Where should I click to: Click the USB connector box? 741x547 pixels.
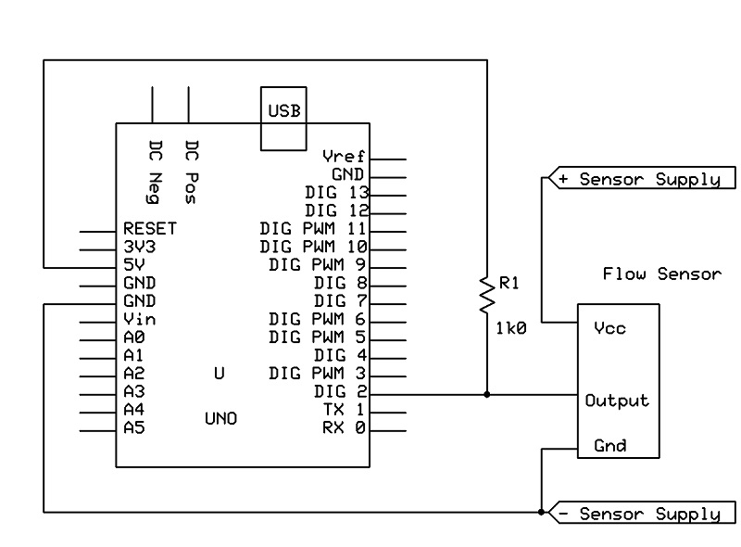[x=284, y=118]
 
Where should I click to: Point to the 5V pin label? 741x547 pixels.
[x=133, y=264]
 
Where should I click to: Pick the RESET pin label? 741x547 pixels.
[x=149, y=228]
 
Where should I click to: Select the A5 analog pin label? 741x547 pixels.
[x=133, y=427]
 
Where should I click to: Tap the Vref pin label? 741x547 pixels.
[x=344, y=156]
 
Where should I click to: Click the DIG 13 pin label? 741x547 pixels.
[x=337, y=193]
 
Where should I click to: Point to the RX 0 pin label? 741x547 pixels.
[x=344, y=427]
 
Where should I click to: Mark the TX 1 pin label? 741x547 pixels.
[x=344, y=410]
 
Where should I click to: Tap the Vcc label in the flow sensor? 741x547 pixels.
[x=609, y=328]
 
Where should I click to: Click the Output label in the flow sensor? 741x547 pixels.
[x=617, y=401]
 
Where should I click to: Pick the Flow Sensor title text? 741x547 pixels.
[x=661, y=274]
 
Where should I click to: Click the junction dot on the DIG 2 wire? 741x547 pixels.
[x=485, y=393]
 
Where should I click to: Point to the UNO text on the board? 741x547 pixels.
[x=220, y=419]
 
